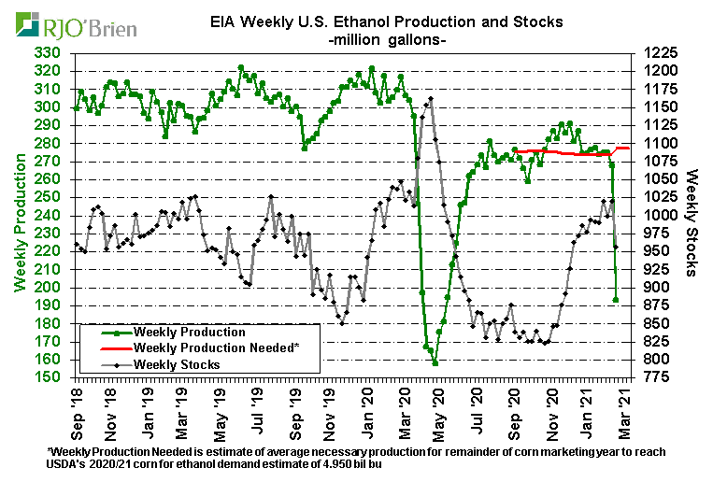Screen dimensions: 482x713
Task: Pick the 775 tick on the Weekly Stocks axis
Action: tap(655, 377)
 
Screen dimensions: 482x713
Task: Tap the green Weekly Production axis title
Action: tap(20, 215)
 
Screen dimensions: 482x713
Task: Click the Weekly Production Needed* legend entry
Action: tap(216, 347)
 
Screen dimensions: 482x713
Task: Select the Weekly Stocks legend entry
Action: tap(177, 364)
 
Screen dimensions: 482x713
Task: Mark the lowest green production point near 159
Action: tap(435, 361)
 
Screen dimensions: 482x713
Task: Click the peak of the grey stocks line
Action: tap(430, 99)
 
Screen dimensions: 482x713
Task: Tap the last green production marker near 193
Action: tap(616, 300)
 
